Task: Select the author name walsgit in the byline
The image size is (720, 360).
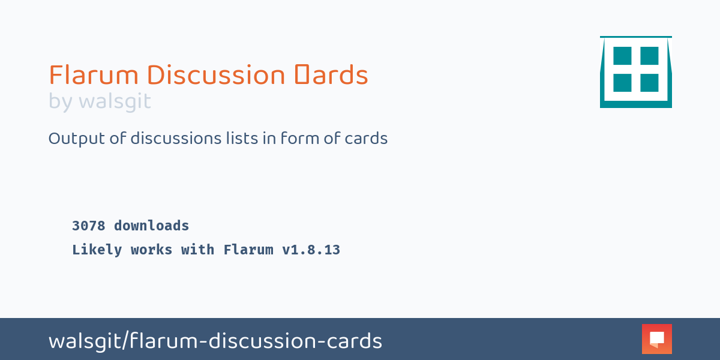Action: (115, 101)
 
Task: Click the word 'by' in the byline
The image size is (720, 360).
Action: (61, 101)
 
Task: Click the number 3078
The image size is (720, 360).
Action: (88, 226)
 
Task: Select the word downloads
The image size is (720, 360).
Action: (151, 226)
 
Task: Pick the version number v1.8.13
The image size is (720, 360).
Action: (311, 250)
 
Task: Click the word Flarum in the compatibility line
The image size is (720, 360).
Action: (248, 250)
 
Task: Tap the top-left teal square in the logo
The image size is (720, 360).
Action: (622, 56)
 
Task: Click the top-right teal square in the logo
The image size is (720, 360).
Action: (649, 56)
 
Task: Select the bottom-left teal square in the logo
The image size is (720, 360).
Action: (622, 83)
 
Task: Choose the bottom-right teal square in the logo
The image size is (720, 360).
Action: (649, 83)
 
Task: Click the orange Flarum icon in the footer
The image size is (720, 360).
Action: (656, 339)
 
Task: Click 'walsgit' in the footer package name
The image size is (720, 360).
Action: (85, 341)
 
